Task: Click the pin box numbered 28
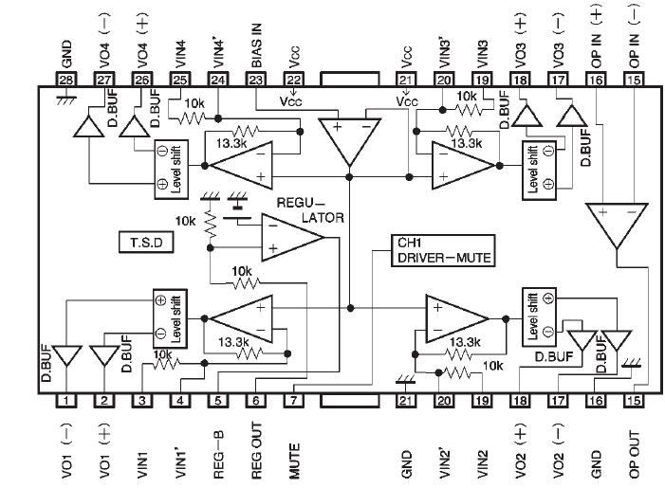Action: click(x=65, y=80)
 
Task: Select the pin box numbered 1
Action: click(x=65, y=402)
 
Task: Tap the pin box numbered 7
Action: click(x=294, y=402)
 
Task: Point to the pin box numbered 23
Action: click(x=255, y=80)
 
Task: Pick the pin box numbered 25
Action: click(x=179, y=80)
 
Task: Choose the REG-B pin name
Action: click(x=218, y=453)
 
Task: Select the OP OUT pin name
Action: click(x=633, y=452)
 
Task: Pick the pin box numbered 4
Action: click(x=179, y=402)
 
